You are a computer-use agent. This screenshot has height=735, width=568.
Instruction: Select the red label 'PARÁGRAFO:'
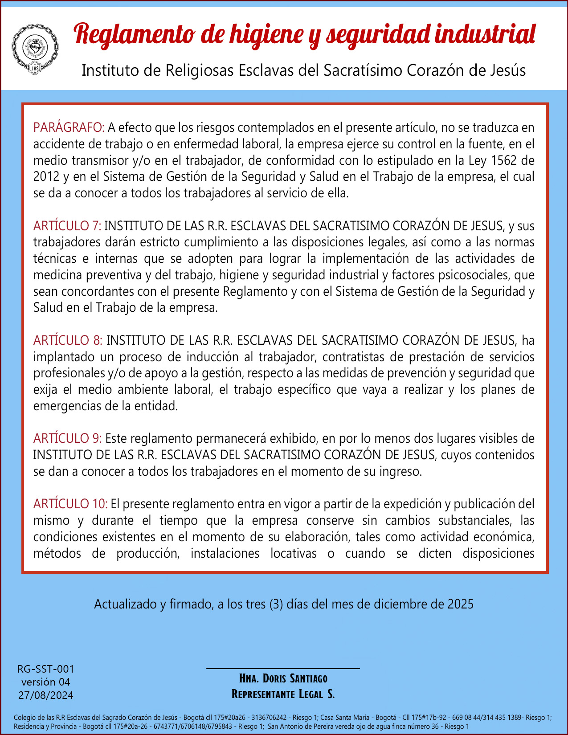pos(69,128)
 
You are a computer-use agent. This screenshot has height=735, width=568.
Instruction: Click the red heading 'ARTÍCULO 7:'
pos(67,226)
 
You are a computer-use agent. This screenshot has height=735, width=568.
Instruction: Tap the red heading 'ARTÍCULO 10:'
pos(70,504)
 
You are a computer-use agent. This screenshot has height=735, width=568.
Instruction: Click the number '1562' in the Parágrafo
pos(504,160)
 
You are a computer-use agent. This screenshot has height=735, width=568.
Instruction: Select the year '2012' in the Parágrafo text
pos(46,177)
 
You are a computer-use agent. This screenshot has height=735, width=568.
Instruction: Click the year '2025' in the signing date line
pos(460,604)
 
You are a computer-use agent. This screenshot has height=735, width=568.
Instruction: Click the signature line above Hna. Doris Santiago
pos(283,668)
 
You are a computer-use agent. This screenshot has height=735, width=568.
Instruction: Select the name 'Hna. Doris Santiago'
pos(283,678)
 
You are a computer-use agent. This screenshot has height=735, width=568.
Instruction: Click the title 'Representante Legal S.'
pos(283,694)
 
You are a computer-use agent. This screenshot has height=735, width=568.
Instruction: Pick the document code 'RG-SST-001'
pos(45,669)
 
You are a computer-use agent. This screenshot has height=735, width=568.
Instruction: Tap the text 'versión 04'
pos(45,682)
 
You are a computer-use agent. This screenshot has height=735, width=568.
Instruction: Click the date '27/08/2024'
pos(45,695)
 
